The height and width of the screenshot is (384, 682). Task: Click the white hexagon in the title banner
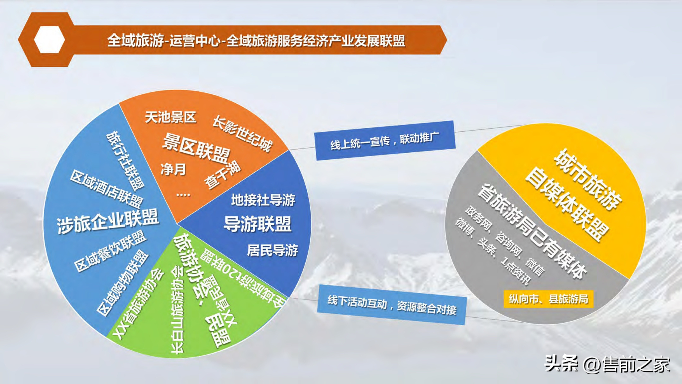pyautogui.click(x=49, y=40)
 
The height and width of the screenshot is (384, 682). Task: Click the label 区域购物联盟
pyautogui.click(x=122, y=284)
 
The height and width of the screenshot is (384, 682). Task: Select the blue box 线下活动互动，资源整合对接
pyautogui.click(x=392, y=305)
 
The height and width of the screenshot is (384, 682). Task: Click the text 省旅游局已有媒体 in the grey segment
pyautogui.click(x=532, y=231)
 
